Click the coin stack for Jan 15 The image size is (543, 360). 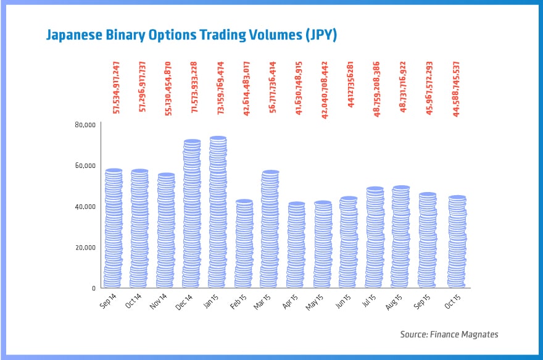218,212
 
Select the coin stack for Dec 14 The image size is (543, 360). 192,214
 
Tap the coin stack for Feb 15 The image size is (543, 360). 244,244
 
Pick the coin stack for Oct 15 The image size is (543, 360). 457,242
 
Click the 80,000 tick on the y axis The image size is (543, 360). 85,125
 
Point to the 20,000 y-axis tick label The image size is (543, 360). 85,247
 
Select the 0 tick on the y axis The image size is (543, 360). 93,288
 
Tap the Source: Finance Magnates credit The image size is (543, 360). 449,334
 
